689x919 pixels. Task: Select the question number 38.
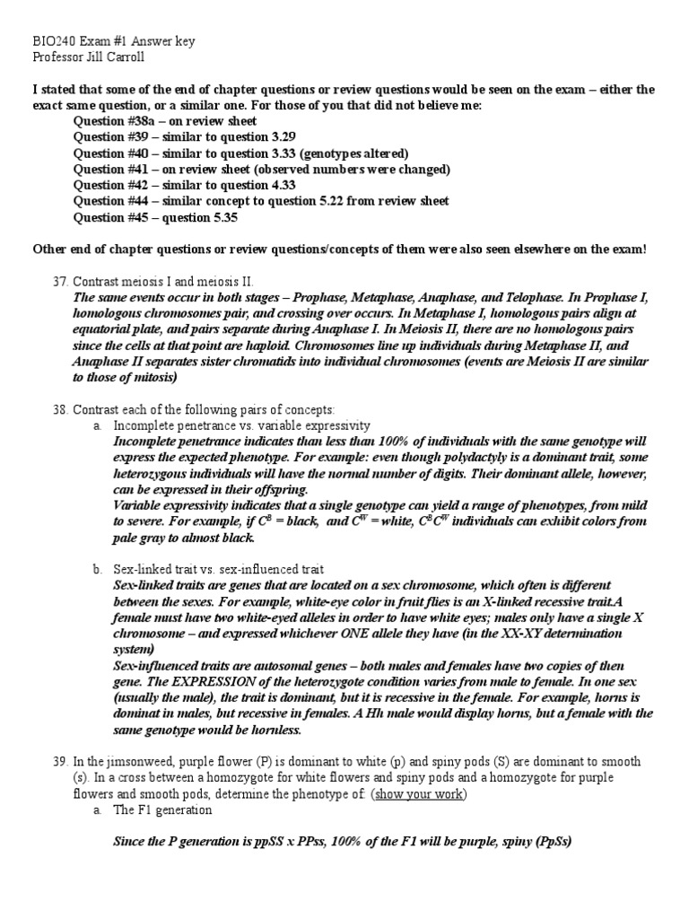tap(59, 409)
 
